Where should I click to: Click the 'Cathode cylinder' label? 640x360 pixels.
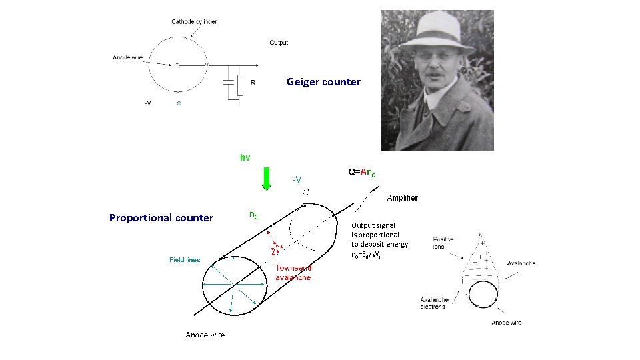tap(193, 22)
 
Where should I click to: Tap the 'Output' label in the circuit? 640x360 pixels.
tap(279, 43)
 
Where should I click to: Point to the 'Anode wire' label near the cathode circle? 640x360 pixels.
tap(127, 57)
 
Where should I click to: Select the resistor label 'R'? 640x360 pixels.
tap(253, 83)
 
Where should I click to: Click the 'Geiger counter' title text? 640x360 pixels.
tap(323, 82)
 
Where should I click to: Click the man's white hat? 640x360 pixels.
tap(437, 30)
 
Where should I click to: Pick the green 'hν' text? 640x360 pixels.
tap(245, 158)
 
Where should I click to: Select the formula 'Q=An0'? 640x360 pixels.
tap(362, 172)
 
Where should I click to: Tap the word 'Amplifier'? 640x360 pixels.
tap(403, 197)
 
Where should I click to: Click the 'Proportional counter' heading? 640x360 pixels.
tap(161, 218)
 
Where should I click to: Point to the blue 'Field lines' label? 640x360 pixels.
tap(185, 260)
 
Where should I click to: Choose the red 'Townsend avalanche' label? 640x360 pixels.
tap(293, 272)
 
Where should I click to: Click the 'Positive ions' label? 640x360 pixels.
tap(443, 243)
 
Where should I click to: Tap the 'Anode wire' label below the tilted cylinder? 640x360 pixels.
tap(205, 335)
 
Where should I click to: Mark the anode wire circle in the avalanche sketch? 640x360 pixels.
tap(482, 295)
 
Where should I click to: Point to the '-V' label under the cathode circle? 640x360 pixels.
tap(148, 103)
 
